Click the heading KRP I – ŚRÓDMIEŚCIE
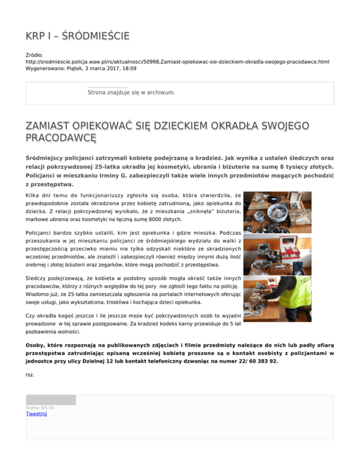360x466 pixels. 77,36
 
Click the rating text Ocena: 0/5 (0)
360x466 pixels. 40,408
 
